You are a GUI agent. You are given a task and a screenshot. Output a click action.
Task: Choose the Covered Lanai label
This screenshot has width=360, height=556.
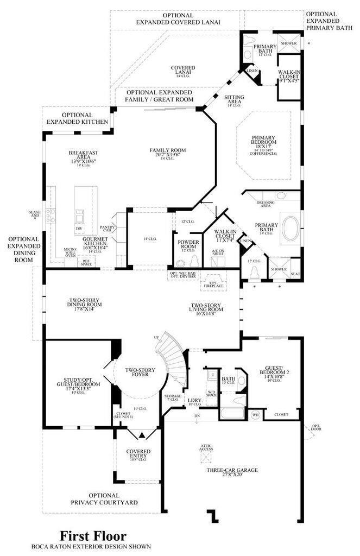click(x=183, y=71)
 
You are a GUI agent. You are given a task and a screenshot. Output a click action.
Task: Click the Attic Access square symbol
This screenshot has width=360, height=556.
click(x=205, y=457)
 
